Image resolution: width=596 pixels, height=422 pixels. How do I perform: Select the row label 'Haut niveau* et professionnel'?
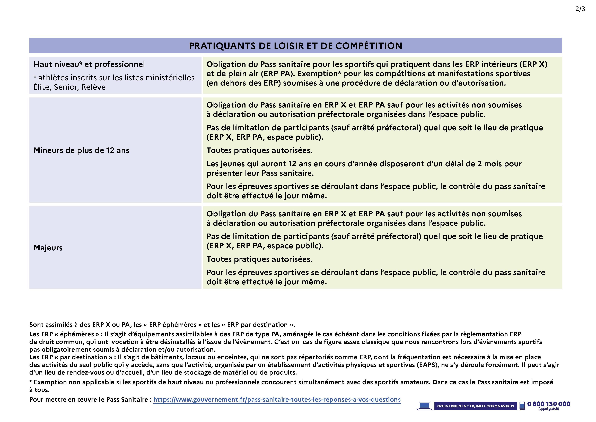pos(89,64)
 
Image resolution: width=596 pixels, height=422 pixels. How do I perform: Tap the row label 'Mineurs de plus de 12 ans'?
pos(81,151)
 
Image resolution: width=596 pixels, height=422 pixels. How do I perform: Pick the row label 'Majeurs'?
pos(48,248)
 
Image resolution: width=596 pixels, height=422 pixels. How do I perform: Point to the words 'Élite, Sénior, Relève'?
pos(69,87)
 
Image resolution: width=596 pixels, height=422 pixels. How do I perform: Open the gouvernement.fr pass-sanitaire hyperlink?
pos(277,400)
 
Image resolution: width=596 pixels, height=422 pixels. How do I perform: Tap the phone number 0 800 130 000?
pos(548,404)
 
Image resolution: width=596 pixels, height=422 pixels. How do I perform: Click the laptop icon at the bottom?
pos(424,406)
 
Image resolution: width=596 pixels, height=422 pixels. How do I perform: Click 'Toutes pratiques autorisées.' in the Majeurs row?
pos(259,259)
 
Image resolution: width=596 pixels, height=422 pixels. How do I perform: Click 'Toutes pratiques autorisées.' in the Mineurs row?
pos(259,151)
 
